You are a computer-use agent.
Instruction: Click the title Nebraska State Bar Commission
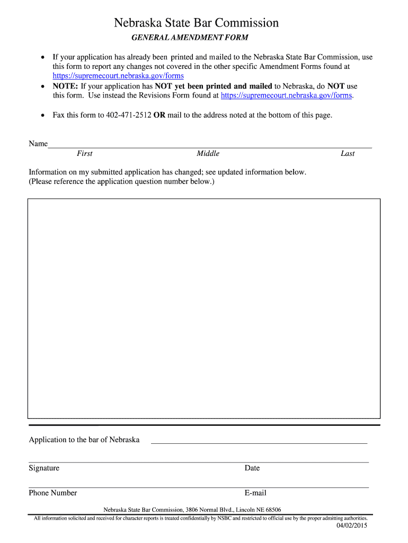click(197, 23)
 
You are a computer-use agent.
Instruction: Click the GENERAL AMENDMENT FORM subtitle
click(190, 38)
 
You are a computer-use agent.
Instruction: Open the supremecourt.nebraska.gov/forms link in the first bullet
click(118, 76)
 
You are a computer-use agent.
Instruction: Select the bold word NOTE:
click(65, 86)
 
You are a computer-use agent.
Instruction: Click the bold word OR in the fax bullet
click(159, 115)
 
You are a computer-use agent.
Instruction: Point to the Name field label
click(38, 144)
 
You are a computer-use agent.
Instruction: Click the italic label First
click(84, 154)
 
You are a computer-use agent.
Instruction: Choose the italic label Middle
click(208, 154)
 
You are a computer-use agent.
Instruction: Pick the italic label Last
click(348, 154)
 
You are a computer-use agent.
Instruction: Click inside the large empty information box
click(204, 308)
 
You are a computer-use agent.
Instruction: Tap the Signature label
click(44, 468)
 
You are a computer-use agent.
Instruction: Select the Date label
click(252, 468)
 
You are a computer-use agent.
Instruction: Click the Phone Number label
click(53, 493)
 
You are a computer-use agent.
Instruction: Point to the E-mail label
click(255, 493)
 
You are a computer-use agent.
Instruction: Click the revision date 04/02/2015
click(352, 526)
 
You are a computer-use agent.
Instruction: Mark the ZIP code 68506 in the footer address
click(272, 510)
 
